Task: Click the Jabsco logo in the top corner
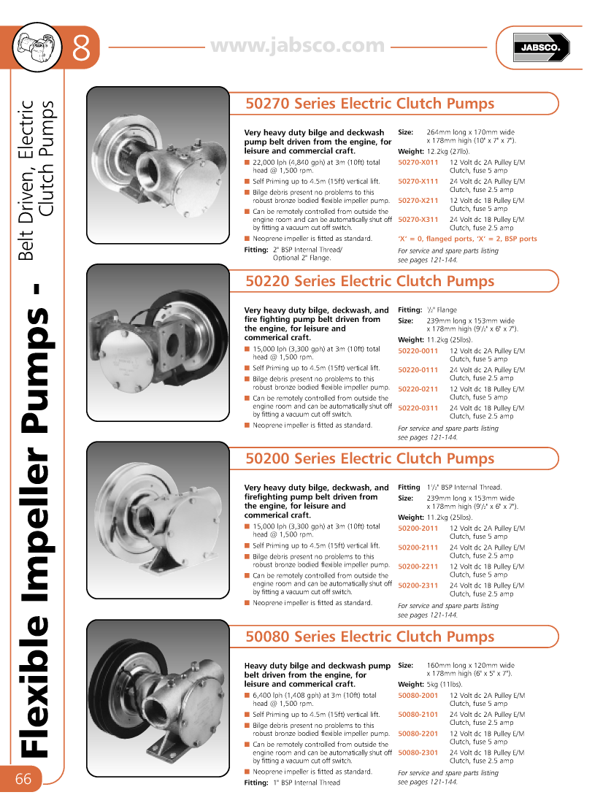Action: point(539,48)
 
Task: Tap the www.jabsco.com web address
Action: point(297,46)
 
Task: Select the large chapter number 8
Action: point(81,49)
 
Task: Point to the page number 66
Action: point(23,779)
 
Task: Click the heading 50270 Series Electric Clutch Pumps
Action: point(370,104)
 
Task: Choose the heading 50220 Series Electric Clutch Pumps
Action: point(370,281)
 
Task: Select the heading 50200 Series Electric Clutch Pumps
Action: point(370,458)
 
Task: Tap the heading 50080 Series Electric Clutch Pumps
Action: point(370,637)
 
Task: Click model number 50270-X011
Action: point(418,163)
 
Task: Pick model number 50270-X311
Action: point(418,220)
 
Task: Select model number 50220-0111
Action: point(418,370)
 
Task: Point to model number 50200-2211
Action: point(418,566)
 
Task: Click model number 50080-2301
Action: point(418,753)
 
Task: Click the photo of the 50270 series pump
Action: point(158,165)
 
